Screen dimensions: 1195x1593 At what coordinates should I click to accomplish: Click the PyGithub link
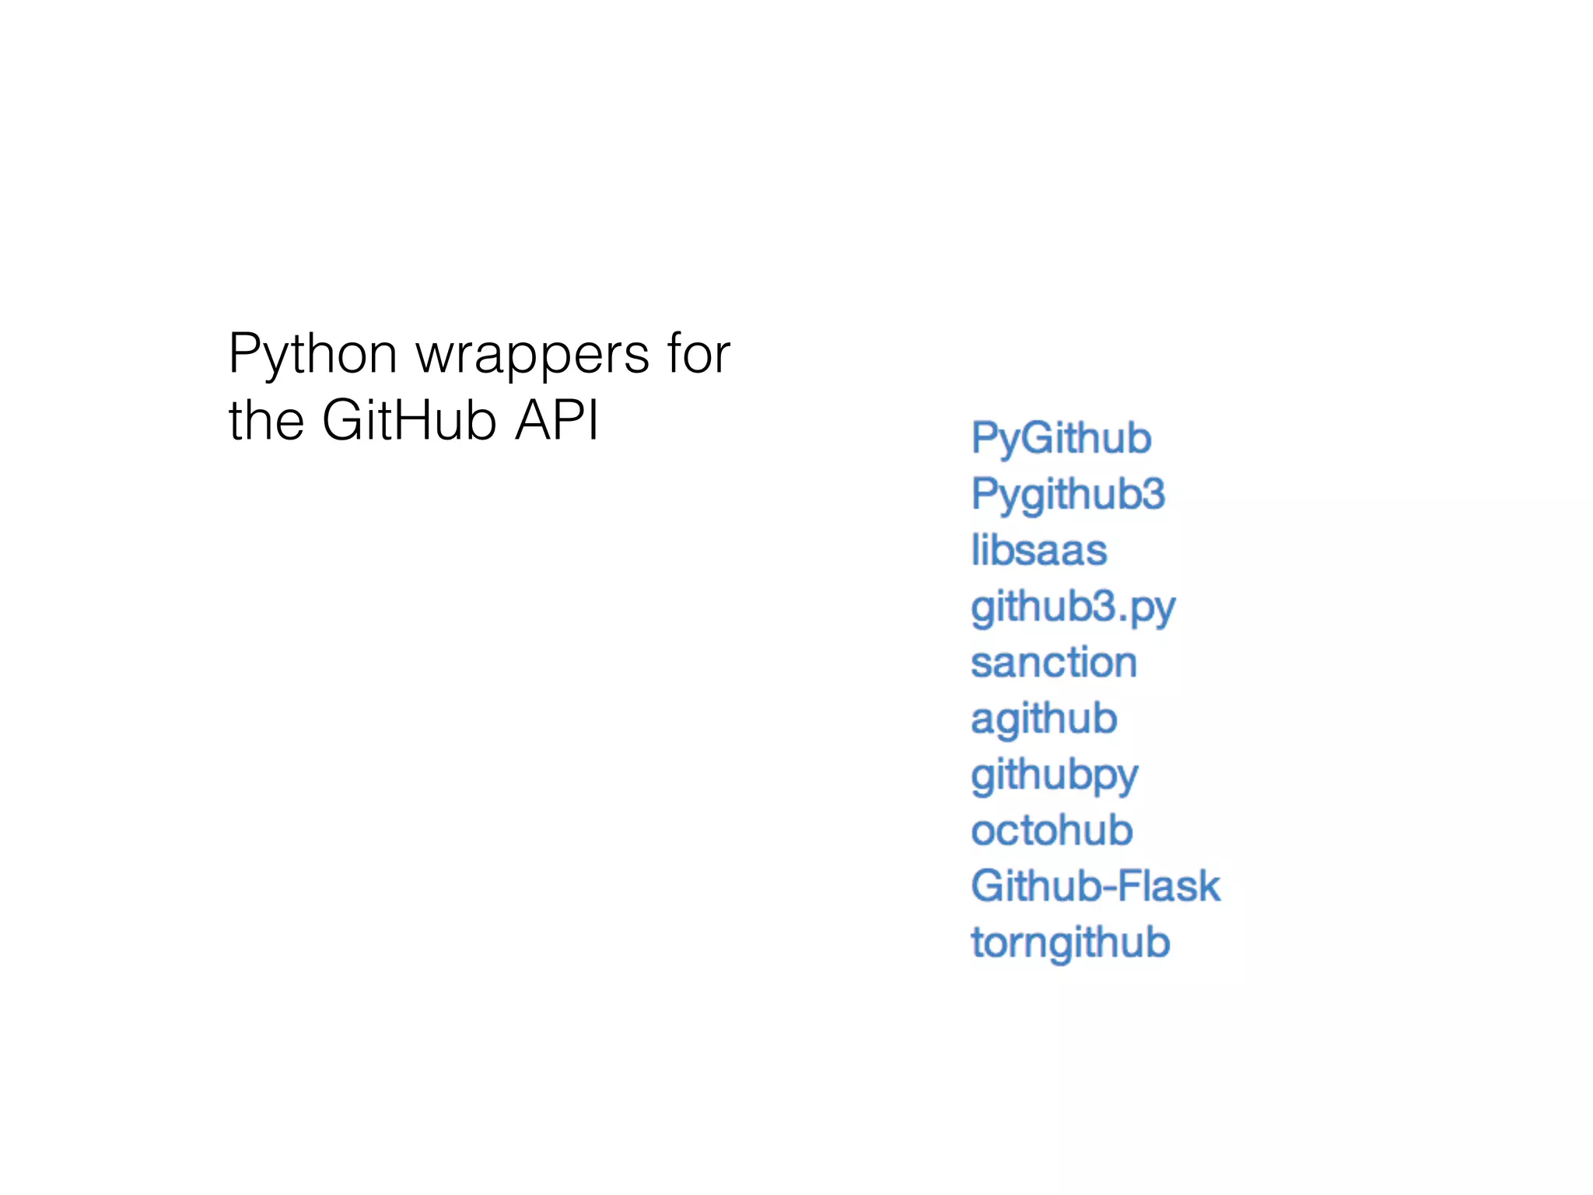[x=1061, y=438]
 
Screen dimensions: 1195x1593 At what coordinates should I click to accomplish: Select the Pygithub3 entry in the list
[x=1068, y=494]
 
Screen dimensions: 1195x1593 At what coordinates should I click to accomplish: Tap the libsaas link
[x=1038, y=550]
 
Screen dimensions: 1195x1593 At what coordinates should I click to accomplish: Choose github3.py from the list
[x=1073, y=607]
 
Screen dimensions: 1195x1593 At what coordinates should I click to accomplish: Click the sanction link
[x=1054, y=663]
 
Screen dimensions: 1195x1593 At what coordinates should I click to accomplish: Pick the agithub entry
[x=1044, y=719]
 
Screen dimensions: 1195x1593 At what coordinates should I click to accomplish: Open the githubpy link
[x=1054, y=776]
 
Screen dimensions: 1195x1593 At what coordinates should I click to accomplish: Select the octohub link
[x=1052, y=830]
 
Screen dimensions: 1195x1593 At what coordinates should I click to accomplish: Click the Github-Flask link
[x=1095, y=886]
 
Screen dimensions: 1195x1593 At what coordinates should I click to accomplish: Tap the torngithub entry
[x=1070, y=943]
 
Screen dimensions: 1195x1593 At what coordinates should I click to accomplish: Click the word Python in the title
[x=313, y=355]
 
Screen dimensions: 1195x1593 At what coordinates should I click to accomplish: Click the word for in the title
[x=698, y=354]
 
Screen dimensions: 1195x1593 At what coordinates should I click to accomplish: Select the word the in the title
[x=266, y=421]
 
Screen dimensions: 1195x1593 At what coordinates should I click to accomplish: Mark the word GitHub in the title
[x=409, y=421]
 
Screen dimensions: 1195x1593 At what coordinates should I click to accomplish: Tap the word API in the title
[x=557, y=421]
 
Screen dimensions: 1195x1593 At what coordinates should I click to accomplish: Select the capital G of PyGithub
[x=1038, y=438]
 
